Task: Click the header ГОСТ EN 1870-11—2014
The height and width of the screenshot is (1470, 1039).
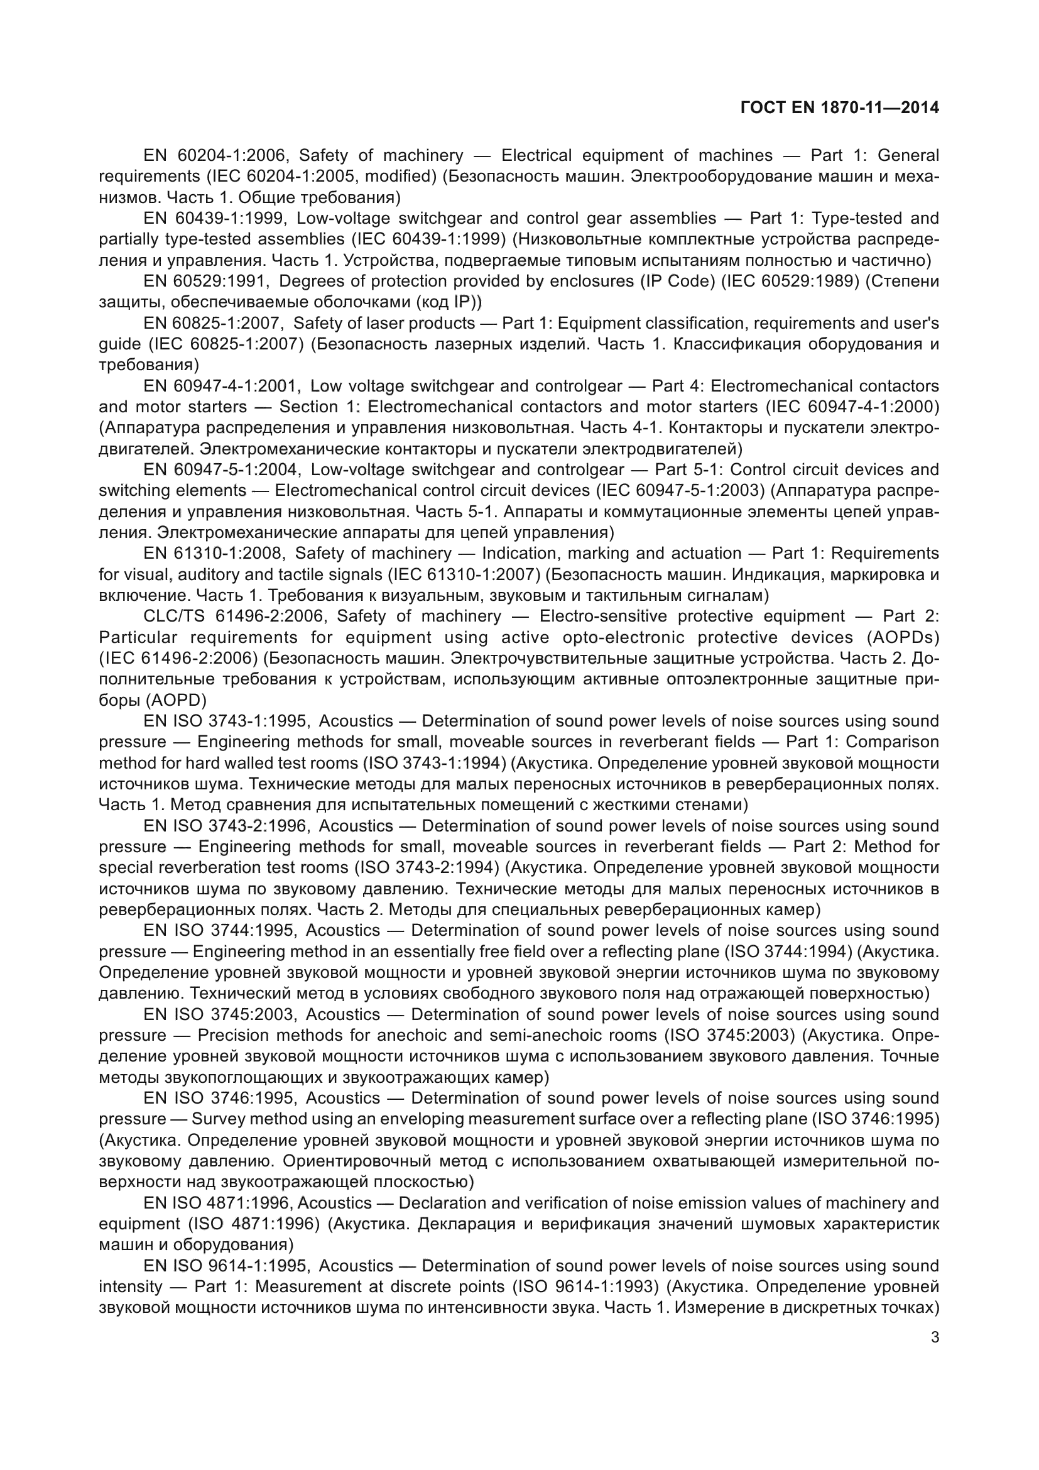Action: (x=839, y=107)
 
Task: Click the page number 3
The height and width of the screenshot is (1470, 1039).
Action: (x=935, y=1337)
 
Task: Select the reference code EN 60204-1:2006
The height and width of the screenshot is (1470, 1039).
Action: (x=217, y=155)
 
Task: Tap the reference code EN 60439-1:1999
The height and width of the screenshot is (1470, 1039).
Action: (x=217, y=218)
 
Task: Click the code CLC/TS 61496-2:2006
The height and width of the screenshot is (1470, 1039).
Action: (x=236, y=616)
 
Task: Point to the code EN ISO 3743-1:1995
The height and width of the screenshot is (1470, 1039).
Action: (x=228, y=721)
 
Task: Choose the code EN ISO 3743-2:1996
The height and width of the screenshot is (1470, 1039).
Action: (x=228, y=826)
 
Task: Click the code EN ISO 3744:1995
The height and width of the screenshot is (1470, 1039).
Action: (x=220, y=930)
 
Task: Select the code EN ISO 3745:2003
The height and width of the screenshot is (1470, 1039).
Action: (x=220, y=1015)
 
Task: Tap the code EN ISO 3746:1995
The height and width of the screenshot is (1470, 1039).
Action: (x=220, y=1098)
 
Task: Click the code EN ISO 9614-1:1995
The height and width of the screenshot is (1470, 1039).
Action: (x=228, y=1266)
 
